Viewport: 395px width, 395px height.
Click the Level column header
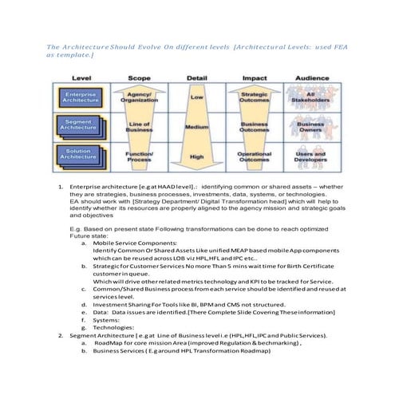(81, 77)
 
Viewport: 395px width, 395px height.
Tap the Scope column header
(139, 77)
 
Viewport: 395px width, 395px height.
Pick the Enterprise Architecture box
(81, 97)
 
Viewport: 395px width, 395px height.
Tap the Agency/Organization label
(139, 97)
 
